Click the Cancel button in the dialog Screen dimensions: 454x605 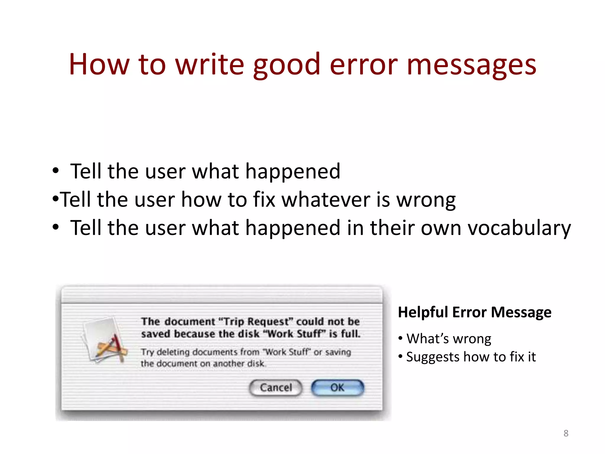pos(276,387)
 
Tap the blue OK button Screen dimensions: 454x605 pos(337,387)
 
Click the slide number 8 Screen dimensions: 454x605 pos(566,433)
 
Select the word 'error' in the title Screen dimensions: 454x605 pos(363,65)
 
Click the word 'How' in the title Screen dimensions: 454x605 pos(99,65)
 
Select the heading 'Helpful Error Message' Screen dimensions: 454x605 pos(474,312)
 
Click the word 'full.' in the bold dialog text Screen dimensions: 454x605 pos(351,334)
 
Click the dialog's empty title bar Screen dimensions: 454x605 pos(222,295)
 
